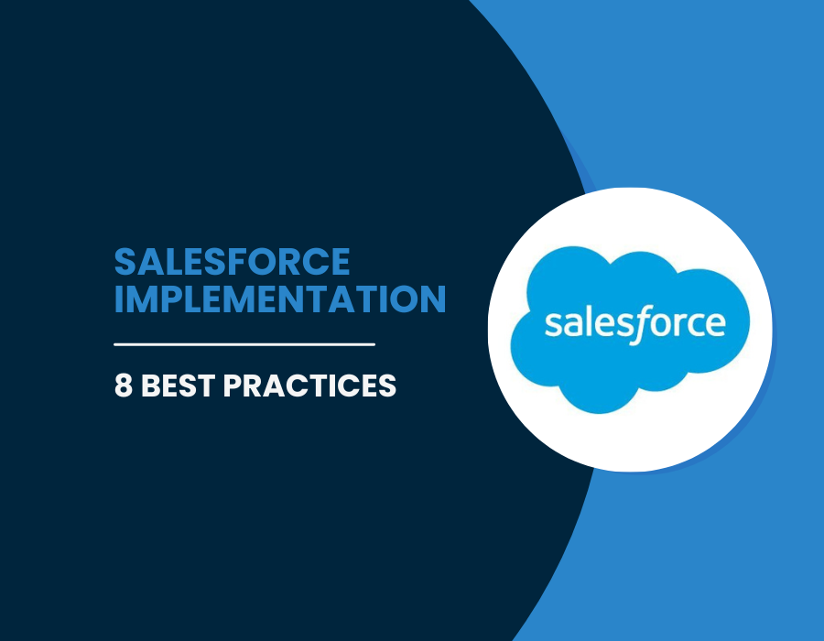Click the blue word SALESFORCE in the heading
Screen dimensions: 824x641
[x=232, y=262]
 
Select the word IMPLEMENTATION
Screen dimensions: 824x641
[x=280, y=299]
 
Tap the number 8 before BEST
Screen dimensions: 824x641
[x=123, y=386]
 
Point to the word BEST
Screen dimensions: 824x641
[x=179, y=386]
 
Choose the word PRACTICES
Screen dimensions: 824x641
[x=309, y=386]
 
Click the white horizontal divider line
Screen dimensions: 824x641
[x=244, y=344]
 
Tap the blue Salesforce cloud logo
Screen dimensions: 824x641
[x=630, y=330]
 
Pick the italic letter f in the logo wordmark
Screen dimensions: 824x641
[x=638, y=324]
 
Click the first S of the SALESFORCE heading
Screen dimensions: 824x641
[x=125, y=262]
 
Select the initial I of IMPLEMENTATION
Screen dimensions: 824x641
[x=118, y=299]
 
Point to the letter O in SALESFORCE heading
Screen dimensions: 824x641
[x=275, y=262]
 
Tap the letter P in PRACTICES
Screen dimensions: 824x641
[x=233, y=386]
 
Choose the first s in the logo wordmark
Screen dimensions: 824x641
[x=553, y=323]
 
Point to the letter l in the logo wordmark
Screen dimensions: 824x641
[x=588, y=320]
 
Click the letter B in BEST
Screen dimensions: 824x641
[x=150, y=386]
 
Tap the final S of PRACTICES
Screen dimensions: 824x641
[x=386, y=386]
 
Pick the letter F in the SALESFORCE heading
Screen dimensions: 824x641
[x=248, y=262]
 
